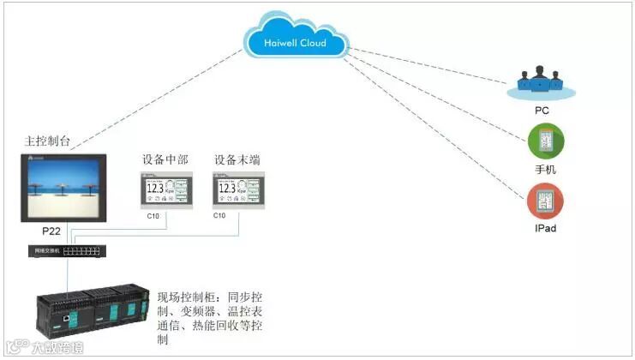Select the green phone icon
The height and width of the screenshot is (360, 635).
(x=545, y=141)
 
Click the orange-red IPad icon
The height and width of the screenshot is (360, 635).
(x=545, y=201)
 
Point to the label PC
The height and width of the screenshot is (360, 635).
(x=542, y=111)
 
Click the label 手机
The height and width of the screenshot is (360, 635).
(x=545, y=170)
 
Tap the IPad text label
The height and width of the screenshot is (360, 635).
(x=545, y=229)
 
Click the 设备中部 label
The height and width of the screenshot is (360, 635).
(x=165, y=160)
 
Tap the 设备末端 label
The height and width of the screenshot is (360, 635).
(x=237, y=160)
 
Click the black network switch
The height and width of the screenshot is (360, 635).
(x=67, y=251)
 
